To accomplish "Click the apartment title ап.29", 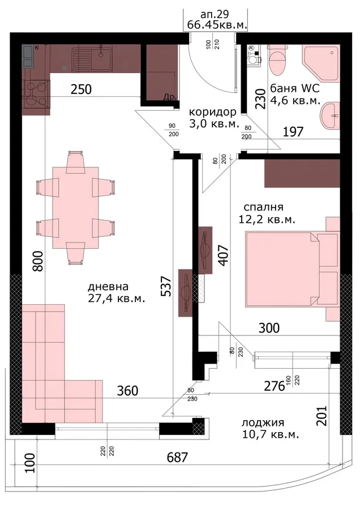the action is point(215,14).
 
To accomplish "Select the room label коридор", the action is point(213,112).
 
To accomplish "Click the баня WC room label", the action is point(295,88).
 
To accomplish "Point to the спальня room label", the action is point(263,207).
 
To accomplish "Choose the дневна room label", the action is point(108,287).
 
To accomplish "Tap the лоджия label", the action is point(263,422).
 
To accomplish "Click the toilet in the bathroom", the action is point(277,59).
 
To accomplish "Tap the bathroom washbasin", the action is point(330,115).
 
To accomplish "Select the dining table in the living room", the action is point(76,207).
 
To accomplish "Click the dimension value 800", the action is point(37,261).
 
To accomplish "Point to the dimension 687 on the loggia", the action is point(177,458).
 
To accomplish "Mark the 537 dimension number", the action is point(166,286).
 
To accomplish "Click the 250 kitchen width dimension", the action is point(82,89).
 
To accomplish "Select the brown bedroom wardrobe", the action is point(302,174).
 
